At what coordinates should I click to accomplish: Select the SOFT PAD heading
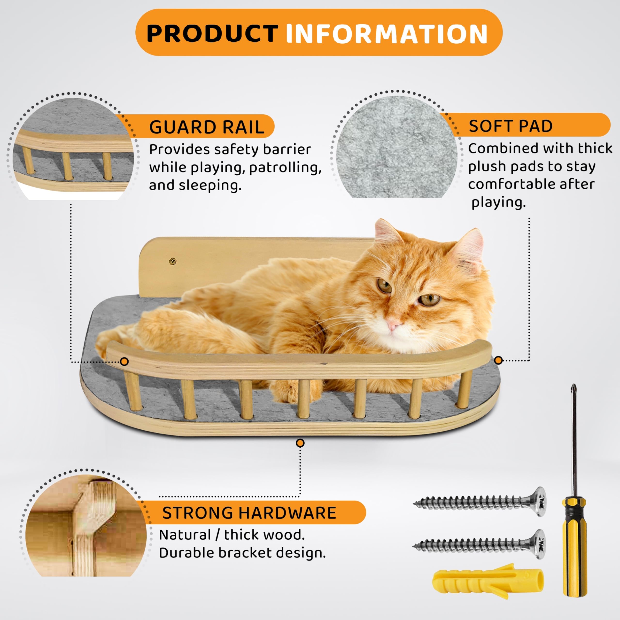[x=510, y=126]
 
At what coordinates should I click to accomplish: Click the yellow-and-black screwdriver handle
[x=575, y=549]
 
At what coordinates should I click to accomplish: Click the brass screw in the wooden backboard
[x=173, y=262]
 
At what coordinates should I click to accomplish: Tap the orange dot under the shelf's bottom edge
[x=300, y=443]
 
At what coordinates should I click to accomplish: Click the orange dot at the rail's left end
[x=124, y=362]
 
